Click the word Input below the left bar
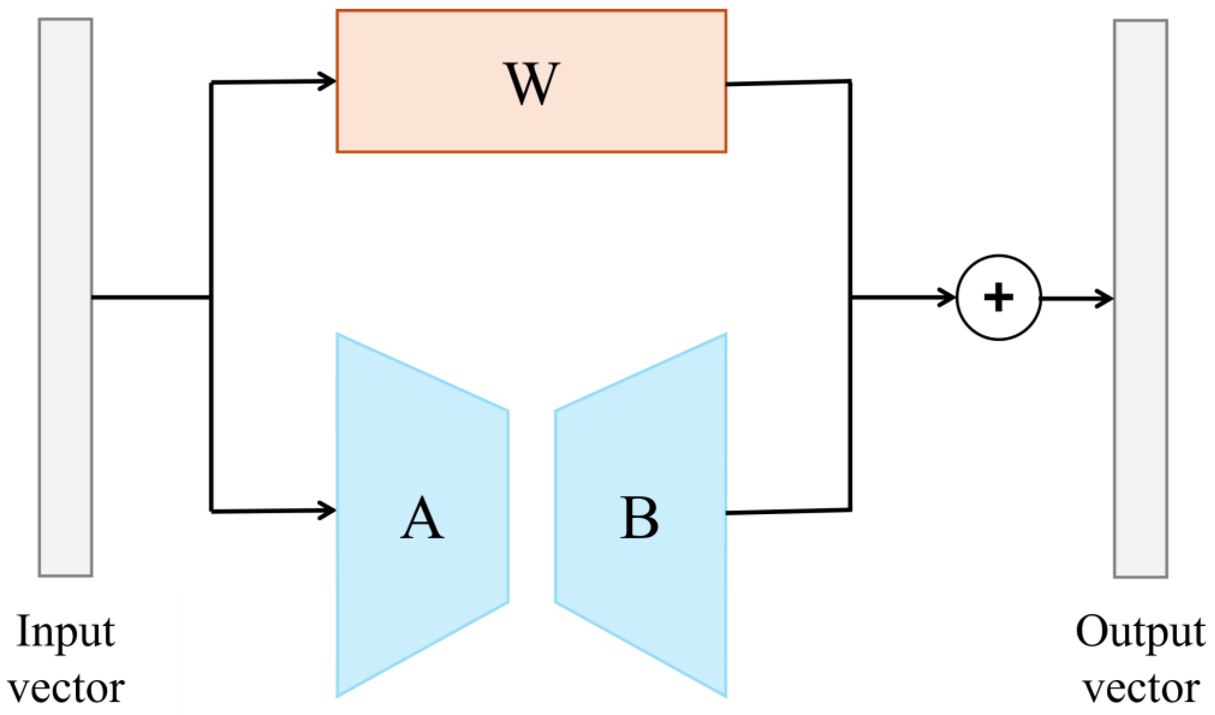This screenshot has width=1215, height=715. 66,633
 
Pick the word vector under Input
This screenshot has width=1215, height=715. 66,689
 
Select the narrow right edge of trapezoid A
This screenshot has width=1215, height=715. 508,507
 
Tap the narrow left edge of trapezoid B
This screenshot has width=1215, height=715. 555,507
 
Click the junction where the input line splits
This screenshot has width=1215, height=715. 211,297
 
